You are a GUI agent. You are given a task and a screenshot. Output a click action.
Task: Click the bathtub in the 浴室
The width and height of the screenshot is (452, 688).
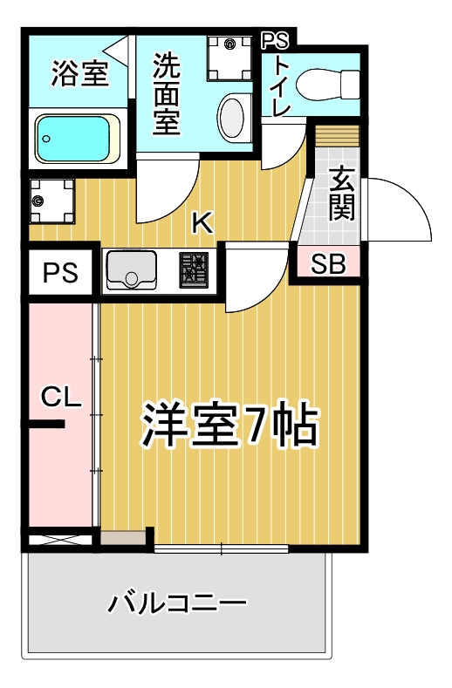(79, 139)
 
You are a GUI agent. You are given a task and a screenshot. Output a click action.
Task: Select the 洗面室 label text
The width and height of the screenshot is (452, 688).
(167, 93)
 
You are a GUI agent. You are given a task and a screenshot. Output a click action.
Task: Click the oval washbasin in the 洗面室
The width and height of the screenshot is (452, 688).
(231, 117)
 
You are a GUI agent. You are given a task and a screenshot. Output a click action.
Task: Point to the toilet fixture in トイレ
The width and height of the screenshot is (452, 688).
(327, 84)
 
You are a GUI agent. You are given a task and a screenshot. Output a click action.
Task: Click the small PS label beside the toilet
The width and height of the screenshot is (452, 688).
(276, 40)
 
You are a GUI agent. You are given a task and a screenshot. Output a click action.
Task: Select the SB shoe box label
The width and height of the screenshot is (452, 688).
(328, 263)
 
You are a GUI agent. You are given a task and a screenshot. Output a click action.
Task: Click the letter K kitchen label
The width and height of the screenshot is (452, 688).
(203, 222)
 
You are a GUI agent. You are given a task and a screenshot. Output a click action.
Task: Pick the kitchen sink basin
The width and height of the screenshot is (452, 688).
(131, 270)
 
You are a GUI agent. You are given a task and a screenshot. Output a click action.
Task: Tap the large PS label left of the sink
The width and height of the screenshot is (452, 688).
(60, 272)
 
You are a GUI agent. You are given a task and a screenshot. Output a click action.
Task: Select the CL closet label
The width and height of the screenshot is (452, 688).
(61, 397)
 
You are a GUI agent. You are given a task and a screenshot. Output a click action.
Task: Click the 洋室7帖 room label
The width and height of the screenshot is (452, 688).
(229, 425)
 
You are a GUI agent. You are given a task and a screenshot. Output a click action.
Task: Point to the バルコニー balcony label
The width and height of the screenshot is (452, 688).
(176, 603)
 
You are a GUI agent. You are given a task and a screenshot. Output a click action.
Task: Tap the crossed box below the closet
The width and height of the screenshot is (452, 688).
(60, 539)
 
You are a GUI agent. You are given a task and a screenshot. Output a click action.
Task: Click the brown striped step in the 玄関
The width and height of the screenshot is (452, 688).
(338, 136)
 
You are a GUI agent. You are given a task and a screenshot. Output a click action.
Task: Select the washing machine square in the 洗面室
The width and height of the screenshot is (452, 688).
(229, 58)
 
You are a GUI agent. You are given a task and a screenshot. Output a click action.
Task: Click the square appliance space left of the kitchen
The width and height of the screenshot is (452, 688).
(51, 201)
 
